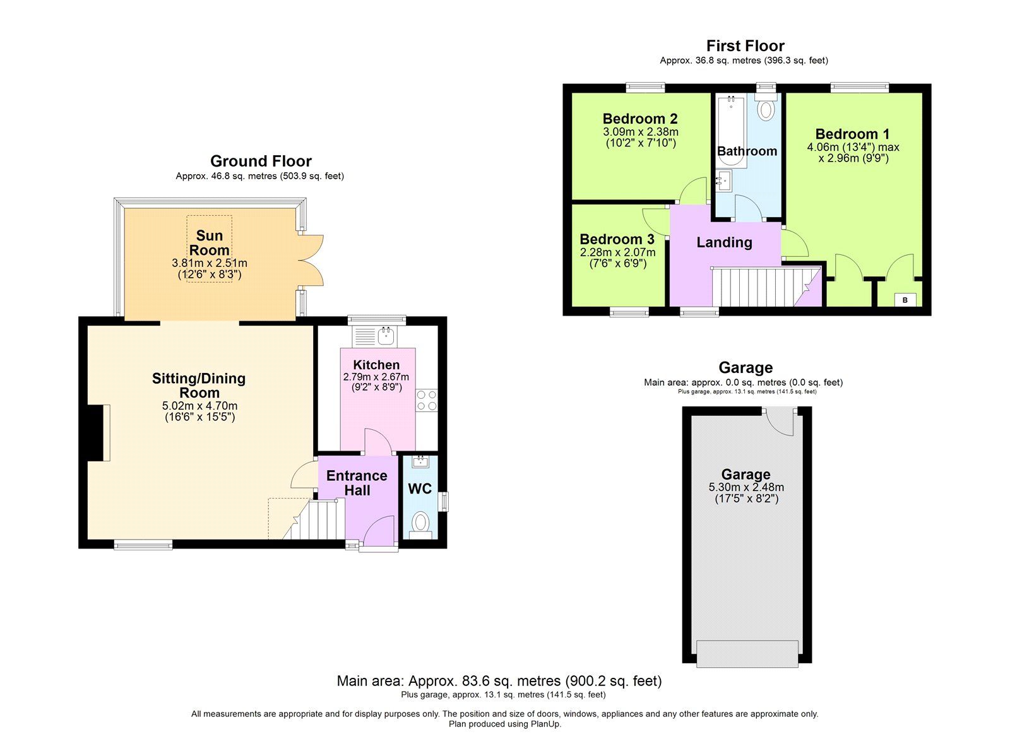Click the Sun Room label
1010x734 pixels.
210,243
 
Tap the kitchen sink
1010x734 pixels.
386,335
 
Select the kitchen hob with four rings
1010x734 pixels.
426,401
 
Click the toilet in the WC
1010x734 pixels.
420,523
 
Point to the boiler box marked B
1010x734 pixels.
905,300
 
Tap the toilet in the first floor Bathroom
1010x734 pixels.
766,109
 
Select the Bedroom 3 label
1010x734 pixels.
617,239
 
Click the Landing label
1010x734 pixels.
724,242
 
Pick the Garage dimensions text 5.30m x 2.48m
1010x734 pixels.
746,487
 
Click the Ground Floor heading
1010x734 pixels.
261,161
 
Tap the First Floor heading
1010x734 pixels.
745,46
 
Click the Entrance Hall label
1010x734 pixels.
357,483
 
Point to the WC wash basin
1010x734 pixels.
420,462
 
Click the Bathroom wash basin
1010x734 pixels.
723,181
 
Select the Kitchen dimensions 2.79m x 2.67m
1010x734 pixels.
376,377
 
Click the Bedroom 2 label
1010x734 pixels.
640,119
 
